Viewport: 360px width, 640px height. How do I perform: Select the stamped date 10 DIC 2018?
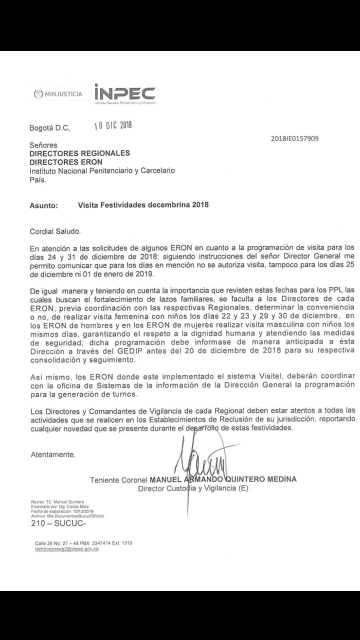(113, 125)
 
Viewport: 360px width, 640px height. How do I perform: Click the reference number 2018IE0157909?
(294, 138)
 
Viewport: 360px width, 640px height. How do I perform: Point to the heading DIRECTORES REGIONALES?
(79, 153)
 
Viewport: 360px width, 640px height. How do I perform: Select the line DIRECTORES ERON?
(65, 162)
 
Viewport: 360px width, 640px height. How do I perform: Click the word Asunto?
(43, 205)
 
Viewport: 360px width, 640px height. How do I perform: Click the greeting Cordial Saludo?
(54, 231)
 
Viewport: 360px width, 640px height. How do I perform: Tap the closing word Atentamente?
(53, 454)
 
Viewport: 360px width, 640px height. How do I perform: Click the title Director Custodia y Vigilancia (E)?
(193, 488)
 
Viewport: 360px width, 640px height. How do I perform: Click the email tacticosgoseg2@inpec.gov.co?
(66, 549)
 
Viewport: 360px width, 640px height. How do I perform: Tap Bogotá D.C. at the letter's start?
(49, 128)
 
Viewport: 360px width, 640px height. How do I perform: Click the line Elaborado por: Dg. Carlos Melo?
(56, 506)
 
